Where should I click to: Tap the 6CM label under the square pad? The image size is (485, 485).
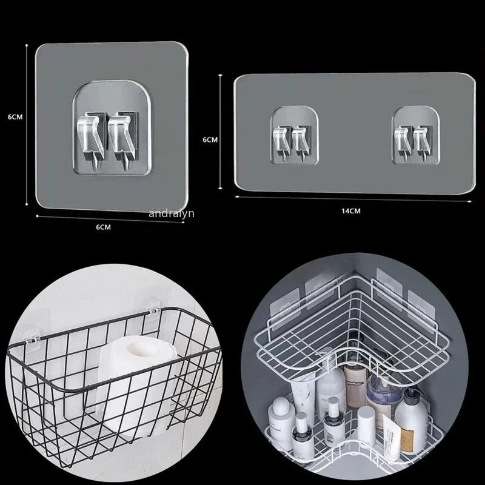104,226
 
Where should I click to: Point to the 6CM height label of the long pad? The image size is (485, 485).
210,139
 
